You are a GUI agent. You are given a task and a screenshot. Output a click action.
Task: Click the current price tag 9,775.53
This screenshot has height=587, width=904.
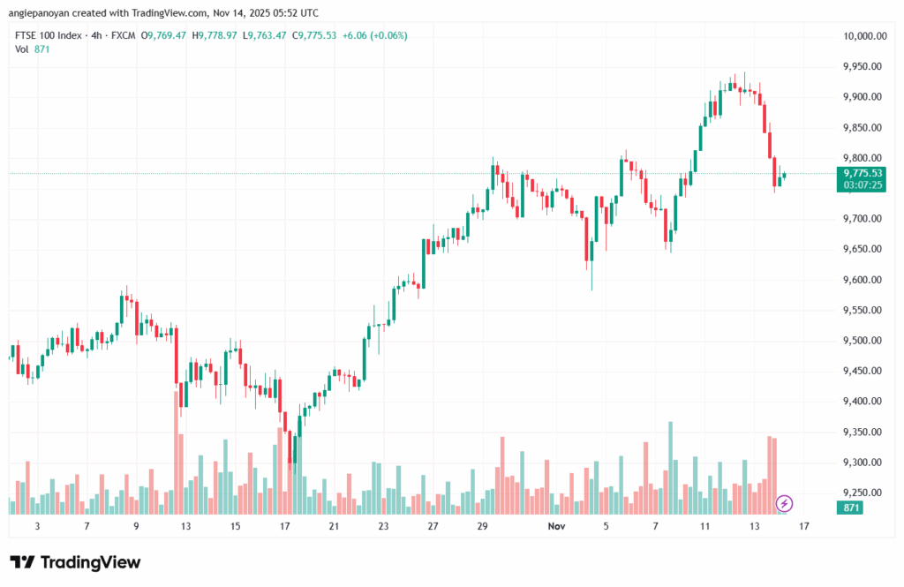[x=863, y=173]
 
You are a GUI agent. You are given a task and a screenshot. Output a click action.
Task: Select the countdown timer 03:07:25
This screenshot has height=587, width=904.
[x=863, y=185]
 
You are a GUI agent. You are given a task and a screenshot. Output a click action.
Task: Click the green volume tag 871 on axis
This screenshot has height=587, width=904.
[x=852, y=508]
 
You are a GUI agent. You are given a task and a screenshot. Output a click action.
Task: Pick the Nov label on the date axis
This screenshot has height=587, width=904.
[x=556, y=526]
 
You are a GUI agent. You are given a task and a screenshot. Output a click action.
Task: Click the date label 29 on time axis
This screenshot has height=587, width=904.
[x=482, y=526]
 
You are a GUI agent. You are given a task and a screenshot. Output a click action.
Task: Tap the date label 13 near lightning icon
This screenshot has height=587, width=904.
[x=755, y=526]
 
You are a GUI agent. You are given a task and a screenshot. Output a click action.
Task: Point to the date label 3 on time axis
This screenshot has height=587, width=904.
[x=37, y=526]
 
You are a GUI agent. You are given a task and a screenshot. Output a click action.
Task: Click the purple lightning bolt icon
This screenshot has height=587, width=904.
[x=784, y=503]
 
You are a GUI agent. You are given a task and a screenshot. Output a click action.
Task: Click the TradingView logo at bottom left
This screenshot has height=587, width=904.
[x=75, y=562]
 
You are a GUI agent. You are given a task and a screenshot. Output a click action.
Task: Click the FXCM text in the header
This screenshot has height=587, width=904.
[x=123, y=35]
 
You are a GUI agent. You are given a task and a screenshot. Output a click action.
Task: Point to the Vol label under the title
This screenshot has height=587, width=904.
[x=22, y=49]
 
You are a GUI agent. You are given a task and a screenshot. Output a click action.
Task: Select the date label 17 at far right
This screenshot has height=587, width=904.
[x=804, y=526]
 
